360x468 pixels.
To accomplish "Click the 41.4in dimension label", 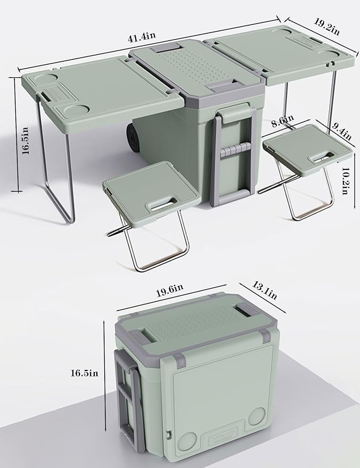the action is click(x=142, y=37).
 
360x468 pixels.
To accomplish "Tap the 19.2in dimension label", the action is click(x=326, y=26).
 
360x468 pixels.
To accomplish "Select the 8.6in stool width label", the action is click(x=282, y=120).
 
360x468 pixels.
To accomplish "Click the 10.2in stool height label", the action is click(x=345, y=181).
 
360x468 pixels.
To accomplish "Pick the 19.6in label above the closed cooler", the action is click(x=170, y=290).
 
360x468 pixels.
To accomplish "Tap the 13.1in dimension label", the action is click(x=265, y=290).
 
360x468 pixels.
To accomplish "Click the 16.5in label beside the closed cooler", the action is click(x=85, y=373).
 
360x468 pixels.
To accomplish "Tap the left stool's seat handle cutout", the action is click(x=161, y=203).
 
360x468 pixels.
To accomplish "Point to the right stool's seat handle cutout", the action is click(x=322, y=155).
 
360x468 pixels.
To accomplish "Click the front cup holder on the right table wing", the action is click(x=334, y=55).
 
